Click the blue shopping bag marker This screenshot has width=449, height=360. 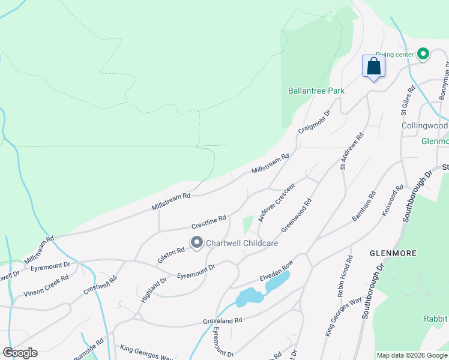[373, 67]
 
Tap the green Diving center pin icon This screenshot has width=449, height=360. [423, 55]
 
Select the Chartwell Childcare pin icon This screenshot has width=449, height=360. [196, 243]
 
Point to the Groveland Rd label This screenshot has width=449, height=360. [222, 321]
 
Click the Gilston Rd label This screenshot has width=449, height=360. [171, 251]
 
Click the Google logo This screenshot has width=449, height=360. [20, 353]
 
